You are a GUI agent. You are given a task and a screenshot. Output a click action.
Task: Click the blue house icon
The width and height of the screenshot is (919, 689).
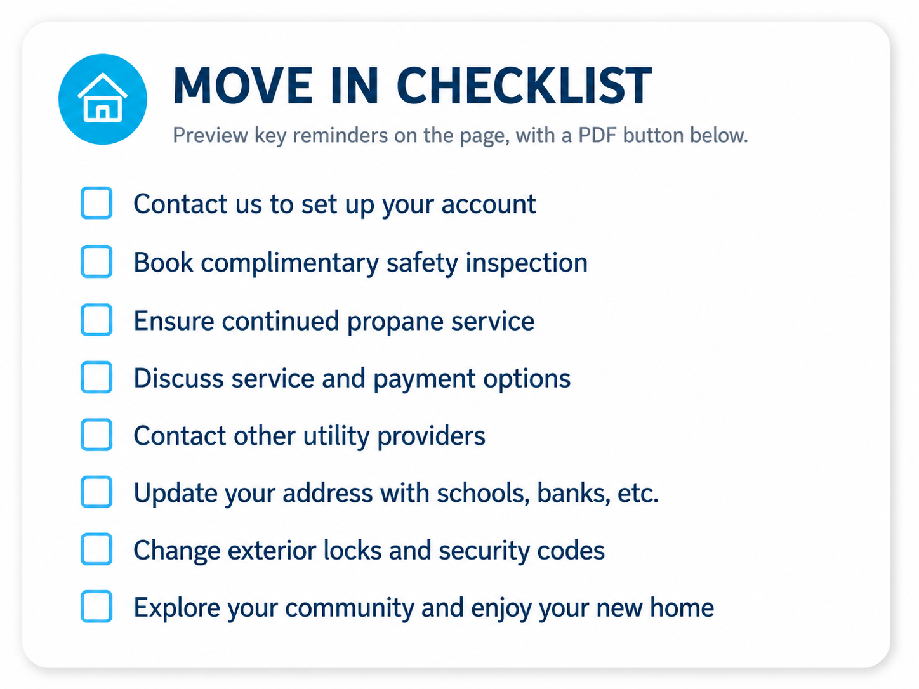coord(103,99)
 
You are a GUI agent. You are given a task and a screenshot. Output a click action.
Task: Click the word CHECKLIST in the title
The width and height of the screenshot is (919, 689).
coord(524,86)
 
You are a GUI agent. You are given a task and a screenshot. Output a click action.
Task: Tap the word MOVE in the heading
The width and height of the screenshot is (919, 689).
coord(243,86)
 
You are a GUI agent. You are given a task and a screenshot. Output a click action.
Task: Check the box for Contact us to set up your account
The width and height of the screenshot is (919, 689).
coord(96,203)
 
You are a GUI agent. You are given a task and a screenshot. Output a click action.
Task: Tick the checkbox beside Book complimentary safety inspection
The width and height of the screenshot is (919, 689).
coord(96,262)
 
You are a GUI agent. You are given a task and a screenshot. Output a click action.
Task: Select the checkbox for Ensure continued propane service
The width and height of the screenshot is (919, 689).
coord(96,320)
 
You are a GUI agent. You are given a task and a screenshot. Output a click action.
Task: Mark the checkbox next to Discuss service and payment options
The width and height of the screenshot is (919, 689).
coord(96,377)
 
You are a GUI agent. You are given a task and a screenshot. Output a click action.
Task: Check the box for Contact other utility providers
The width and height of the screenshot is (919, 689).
coord(96,435)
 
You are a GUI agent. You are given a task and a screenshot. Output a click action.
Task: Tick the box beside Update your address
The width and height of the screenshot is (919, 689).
coord(96,492)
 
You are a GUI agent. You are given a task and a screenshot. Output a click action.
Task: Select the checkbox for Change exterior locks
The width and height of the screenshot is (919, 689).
coord(96,549)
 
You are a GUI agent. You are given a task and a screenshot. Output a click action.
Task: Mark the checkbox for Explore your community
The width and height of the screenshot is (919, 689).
coord(96,607)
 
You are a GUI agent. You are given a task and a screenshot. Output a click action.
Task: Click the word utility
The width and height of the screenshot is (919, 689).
coord(336,436)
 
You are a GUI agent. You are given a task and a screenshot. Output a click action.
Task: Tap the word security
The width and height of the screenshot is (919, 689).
coord(484,551)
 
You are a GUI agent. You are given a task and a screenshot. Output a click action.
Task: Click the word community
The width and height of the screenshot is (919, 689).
coord(350,608)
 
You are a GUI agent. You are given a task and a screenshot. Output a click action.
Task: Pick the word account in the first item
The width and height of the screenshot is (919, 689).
coord(489,205)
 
